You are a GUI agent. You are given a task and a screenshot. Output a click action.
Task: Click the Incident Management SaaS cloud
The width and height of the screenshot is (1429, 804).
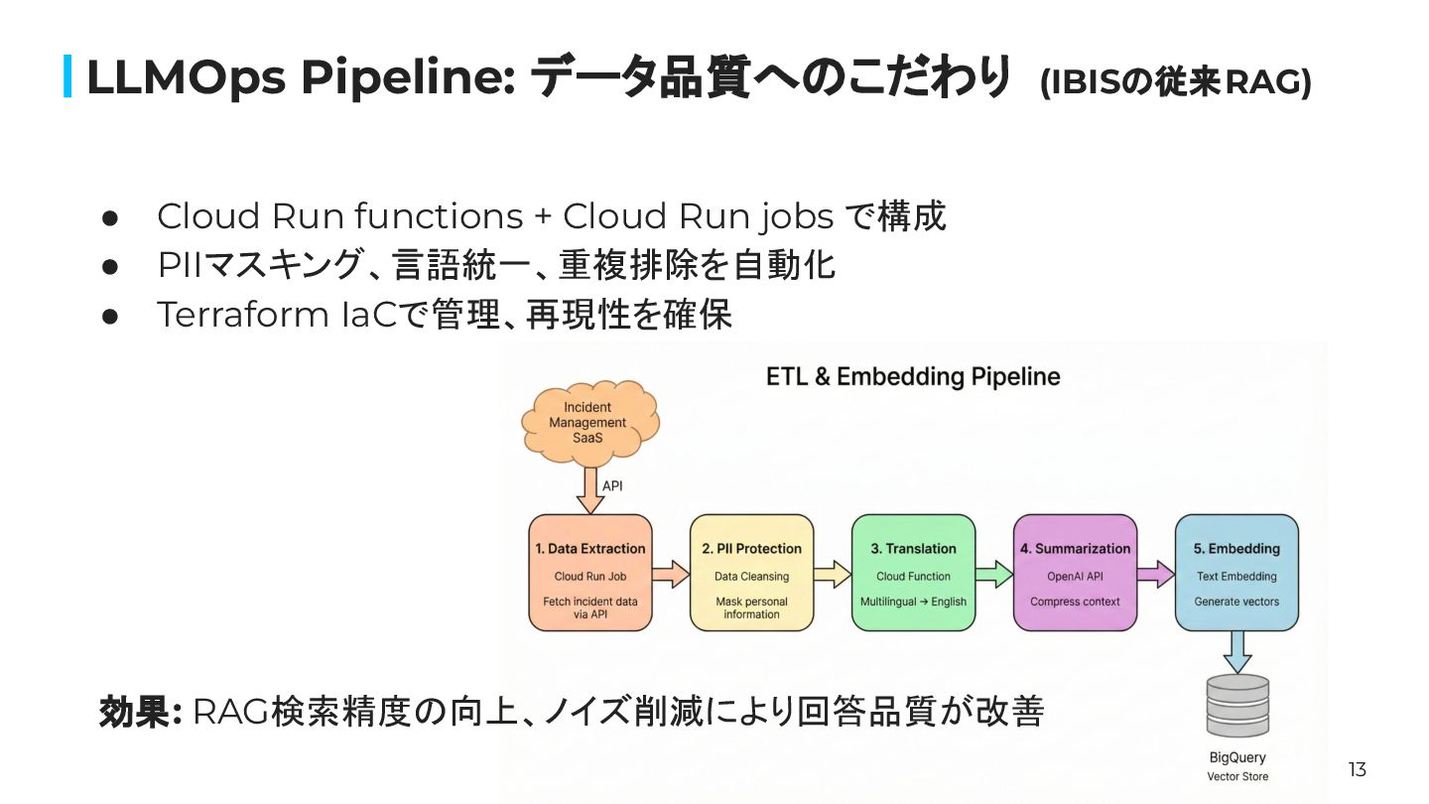(590, 422)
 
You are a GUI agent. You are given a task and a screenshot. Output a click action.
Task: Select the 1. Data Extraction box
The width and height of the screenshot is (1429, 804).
(590, 573)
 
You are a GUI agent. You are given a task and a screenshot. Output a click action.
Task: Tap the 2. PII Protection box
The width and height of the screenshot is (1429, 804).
(751, 573)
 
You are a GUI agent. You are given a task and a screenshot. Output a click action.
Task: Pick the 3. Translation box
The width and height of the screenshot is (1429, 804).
(914, 573)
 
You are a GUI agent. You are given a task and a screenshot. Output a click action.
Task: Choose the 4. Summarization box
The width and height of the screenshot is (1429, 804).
(1075, 573)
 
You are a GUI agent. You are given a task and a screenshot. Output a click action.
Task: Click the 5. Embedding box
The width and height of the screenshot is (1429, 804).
(1236, 573)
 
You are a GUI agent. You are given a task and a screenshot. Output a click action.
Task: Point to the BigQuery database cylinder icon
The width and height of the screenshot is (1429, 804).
(1237, 706)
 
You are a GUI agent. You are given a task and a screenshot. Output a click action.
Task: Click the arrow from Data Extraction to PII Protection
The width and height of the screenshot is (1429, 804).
(671, 575)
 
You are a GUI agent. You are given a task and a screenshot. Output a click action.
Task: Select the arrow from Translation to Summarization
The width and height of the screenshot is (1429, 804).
(994, 575)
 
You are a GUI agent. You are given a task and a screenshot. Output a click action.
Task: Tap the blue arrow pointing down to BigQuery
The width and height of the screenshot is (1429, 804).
(1237, 652)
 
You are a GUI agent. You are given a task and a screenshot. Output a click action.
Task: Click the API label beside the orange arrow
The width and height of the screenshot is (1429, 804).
(612, 486)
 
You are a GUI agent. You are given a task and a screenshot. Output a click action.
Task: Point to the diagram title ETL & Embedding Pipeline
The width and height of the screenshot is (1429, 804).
(913, 376)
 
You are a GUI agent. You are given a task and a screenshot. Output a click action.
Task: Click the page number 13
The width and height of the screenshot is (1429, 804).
(1357, 769)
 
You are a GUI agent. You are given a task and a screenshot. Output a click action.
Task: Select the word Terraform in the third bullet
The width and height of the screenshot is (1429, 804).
(242, 315)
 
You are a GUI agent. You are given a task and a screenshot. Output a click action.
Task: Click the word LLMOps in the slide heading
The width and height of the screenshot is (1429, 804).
(186, 77)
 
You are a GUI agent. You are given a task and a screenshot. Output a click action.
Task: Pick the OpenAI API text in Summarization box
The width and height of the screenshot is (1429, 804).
(1075, 576)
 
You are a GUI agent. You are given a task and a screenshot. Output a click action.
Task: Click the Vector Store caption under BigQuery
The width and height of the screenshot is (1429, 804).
(1237, 776)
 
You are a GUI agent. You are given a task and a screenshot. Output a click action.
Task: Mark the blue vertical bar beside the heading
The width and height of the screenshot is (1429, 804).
(67, 76)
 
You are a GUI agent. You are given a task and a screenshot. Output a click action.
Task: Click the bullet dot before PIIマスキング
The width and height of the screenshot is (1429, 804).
(110, 267)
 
